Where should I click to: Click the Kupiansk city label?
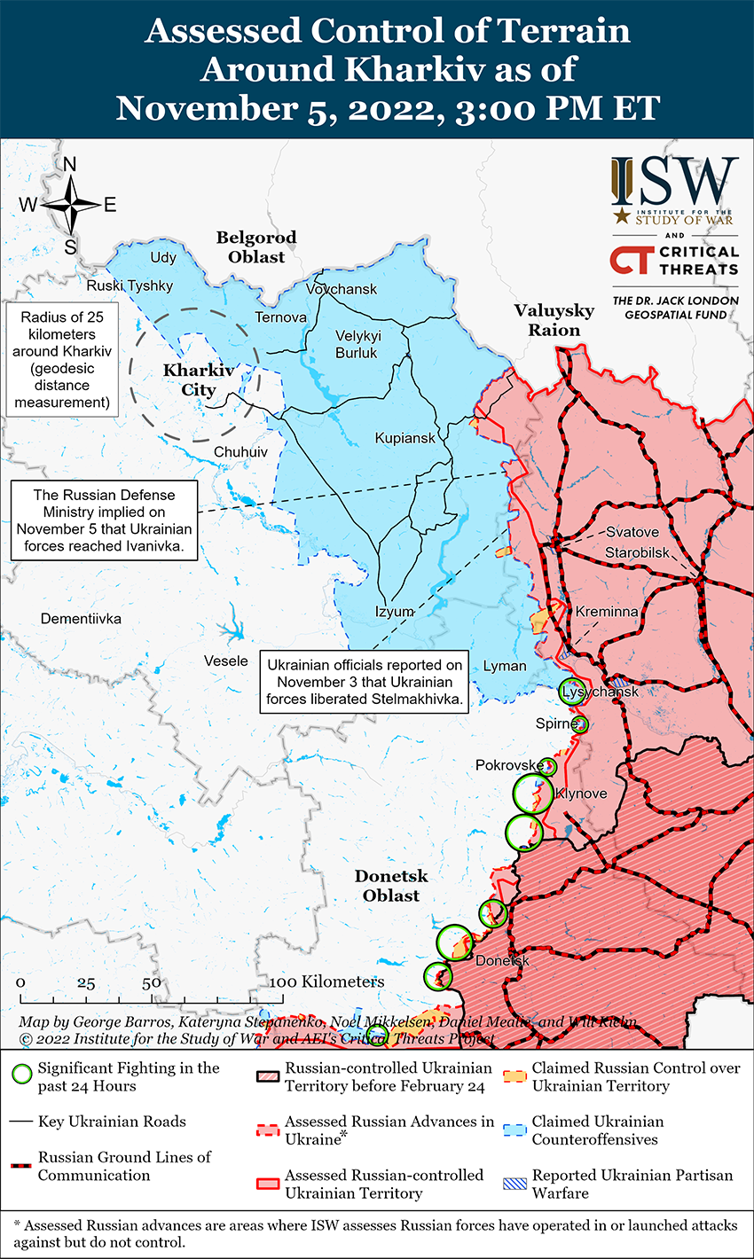[x=404, y=438]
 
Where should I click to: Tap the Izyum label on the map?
[x=395, y=612]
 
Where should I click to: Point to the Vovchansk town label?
[x=342, y=289]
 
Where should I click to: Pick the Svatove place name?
[x=632, y=532]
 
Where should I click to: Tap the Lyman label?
[x=505, y=666]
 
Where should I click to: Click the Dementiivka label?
[x=81, y=618]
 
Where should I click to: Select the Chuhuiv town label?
[x=240, y=452]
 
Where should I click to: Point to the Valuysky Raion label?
[x=554, y=320]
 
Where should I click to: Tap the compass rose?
[x=71, y=205]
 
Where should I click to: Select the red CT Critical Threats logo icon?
[x=631, y=260]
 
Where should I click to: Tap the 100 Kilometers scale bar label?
[x=327, y=981]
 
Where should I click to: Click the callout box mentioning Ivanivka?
[x=104, y=520]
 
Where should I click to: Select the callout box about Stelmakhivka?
[x=365, y=682]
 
